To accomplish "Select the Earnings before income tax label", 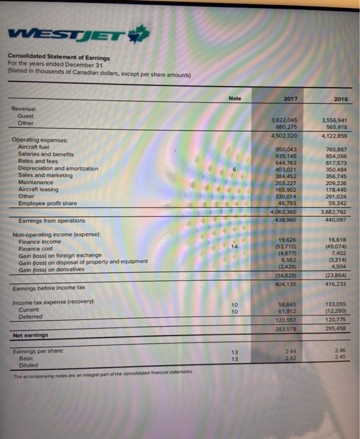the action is click(49, 288).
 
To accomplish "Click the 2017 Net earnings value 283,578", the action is click(286, 328).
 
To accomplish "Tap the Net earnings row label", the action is click(31, 335).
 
